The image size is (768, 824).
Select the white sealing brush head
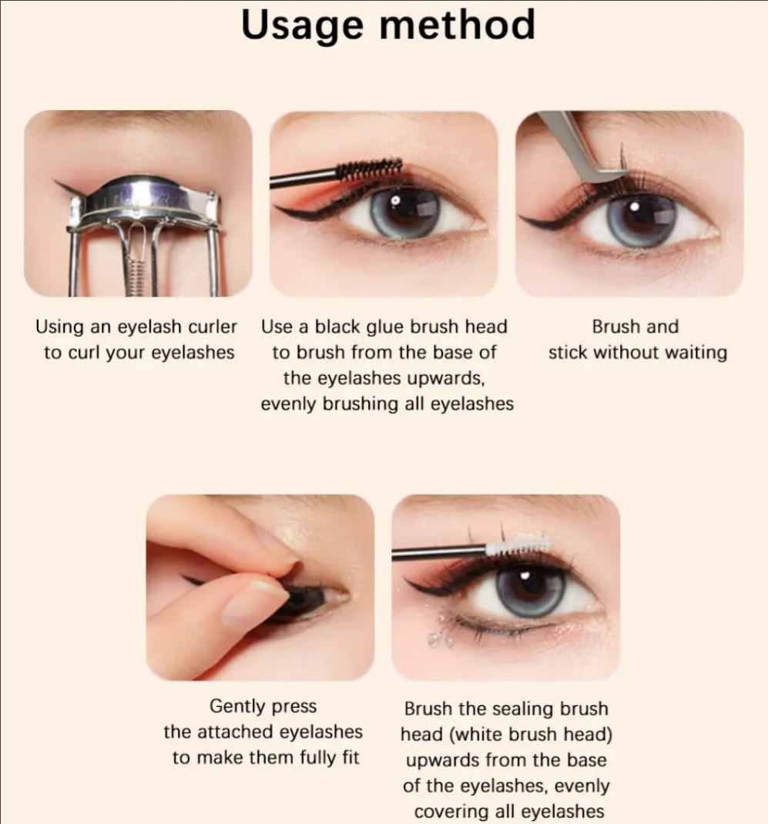click(517, 548)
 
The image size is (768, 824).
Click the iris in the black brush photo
click(405, 211)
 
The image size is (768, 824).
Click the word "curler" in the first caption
click(210, 327)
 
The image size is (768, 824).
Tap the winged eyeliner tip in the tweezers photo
click(526, 221)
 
